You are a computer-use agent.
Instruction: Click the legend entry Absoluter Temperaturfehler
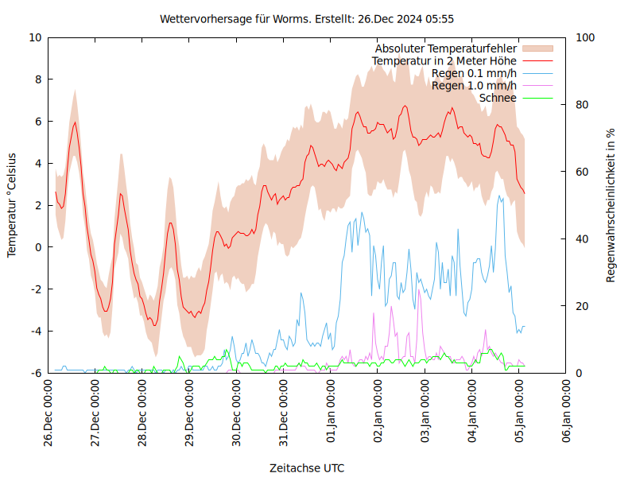[x=446, y=49]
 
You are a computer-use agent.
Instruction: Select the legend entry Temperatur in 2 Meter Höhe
[x=444, y=61]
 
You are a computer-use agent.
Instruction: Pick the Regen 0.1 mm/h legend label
[x=474, y=74]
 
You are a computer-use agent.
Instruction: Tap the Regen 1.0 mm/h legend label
[x=474, y=86]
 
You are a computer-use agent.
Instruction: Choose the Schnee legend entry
[x=498, y=98]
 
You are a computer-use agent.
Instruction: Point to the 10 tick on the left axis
[x=35, y=37]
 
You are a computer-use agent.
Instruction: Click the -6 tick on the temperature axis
[x=37, y=373]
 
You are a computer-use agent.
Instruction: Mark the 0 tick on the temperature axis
[x=38, y=247]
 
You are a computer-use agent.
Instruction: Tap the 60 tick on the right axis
[x=582, y=172]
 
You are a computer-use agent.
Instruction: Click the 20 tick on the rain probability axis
[x=582, y=306]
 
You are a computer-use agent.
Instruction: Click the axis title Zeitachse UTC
[x=307, y=467]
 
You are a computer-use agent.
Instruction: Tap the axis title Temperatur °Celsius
[x=12, y=205]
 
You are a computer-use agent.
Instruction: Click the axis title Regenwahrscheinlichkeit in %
[x=611, y=205]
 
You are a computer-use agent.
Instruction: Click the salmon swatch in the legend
[x=537, y=49]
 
